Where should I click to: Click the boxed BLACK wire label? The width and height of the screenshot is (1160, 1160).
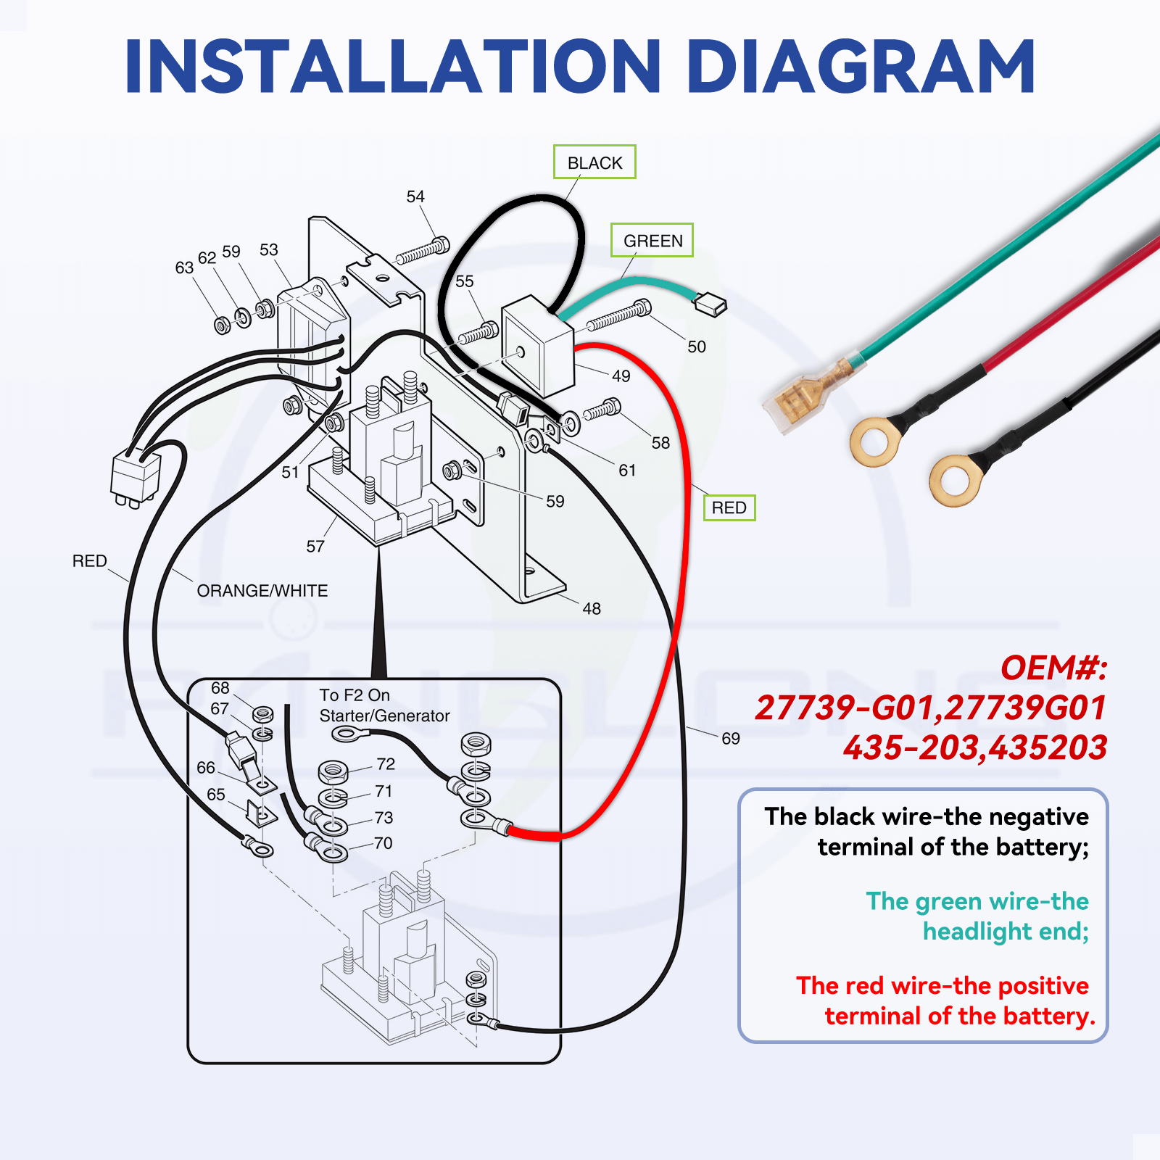[x=594, y=162]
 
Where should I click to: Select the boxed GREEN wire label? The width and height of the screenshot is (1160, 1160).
[x=652, y=241]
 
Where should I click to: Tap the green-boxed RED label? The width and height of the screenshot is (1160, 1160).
[x=729, y=507]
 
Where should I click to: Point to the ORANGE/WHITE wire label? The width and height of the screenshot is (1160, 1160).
[x=262, y=591]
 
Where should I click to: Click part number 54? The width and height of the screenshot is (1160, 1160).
[x=415, y=196]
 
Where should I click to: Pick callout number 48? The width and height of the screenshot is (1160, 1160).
[x=592, y=609]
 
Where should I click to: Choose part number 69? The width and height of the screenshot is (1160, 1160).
[x=731, y=738]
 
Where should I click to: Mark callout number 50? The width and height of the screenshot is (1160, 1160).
[x=697, y=347]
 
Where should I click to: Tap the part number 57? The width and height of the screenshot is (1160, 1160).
[x=315, y=546]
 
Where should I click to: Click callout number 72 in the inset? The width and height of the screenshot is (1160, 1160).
[x=386, y=764]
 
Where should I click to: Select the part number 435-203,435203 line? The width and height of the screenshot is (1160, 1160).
[x=975, y=747]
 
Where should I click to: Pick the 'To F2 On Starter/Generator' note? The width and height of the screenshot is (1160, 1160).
[x=384, y=705]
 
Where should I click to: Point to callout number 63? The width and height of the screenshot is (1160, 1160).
[x=184, y=268]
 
